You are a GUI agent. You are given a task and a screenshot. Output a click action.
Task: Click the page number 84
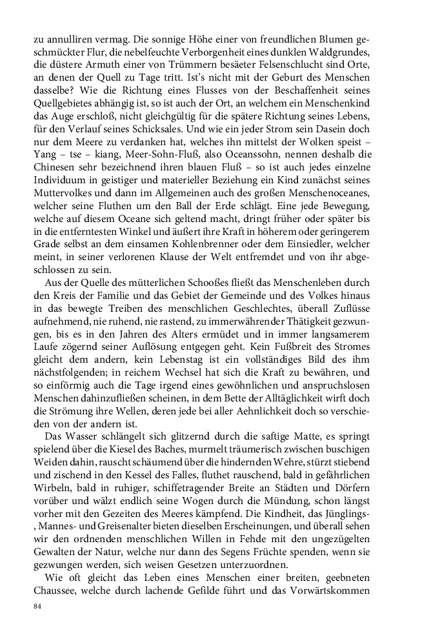click(38, 607)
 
